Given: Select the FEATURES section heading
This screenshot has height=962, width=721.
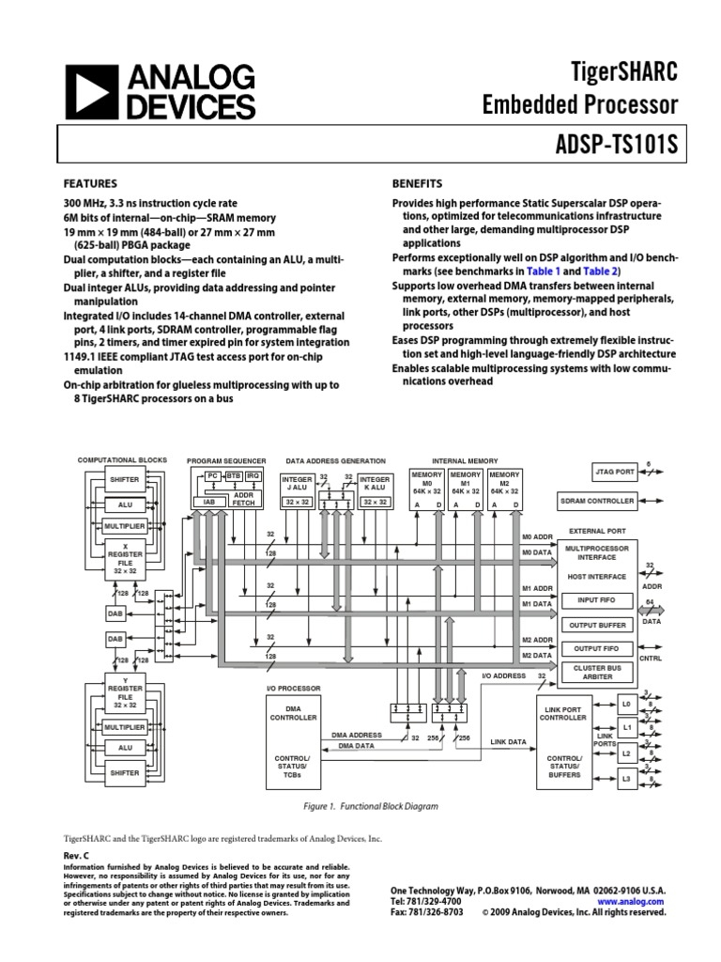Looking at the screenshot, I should tap(90, 183).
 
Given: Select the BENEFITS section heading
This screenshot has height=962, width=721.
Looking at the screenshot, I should tap(417, 183).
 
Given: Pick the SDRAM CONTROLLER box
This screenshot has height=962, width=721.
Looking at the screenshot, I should tap(598, 501).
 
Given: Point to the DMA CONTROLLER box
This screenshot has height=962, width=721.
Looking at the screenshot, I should tap(295, 713).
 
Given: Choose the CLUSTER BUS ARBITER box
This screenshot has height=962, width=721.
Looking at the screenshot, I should tap(598, 672).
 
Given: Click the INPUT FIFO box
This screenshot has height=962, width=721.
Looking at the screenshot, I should tap(598, 599).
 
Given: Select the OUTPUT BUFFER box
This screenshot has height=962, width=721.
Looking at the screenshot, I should tap(598, 624).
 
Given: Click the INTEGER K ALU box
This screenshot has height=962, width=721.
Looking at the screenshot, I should tap(375, 483).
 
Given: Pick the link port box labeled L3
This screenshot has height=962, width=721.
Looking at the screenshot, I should tap(626, 777).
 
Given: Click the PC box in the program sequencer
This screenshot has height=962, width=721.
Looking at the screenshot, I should tap(213, 477).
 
